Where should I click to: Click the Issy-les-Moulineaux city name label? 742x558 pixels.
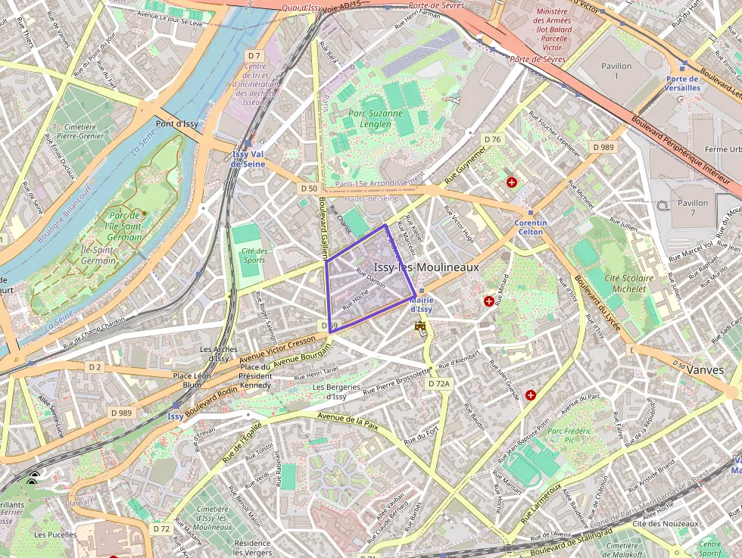pyautogui.click(x=426, y=268)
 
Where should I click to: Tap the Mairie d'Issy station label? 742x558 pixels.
pyautogui.click(x=421, y=304)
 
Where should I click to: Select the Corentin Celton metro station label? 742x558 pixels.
pyautogui.click(x=530, y=227)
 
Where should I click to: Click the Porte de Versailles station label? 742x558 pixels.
pyautogui.click(x=682, y=83)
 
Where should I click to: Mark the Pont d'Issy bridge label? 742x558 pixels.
pyautogui.click(x=176, y=123)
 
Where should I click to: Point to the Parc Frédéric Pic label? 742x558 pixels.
pyautogui.click(x=572, y=435)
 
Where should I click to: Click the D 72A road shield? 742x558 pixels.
pyautogui.click(x=438, y=384)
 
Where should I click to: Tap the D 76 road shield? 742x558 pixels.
pyautogui.click(x=492, y=139)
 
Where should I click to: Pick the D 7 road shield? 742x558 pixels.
pyautogui.click(x=254, y=56)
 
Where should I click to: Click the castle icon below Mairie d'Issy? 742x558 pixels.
pyautogui.click(x=421, y=326)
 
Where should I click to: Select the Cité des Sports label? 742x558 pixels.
pyautogui.click(x=254, y=255)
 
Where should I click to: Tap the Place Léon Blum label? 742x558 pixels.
pyautogui.click(x=192, y=380)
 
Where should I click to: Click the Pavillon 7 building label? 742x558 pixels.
pyautogui.click(x=693, y=207)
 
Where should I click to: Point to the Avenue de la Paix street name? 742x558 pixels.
pyautogui.click(x=348, y=421)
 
